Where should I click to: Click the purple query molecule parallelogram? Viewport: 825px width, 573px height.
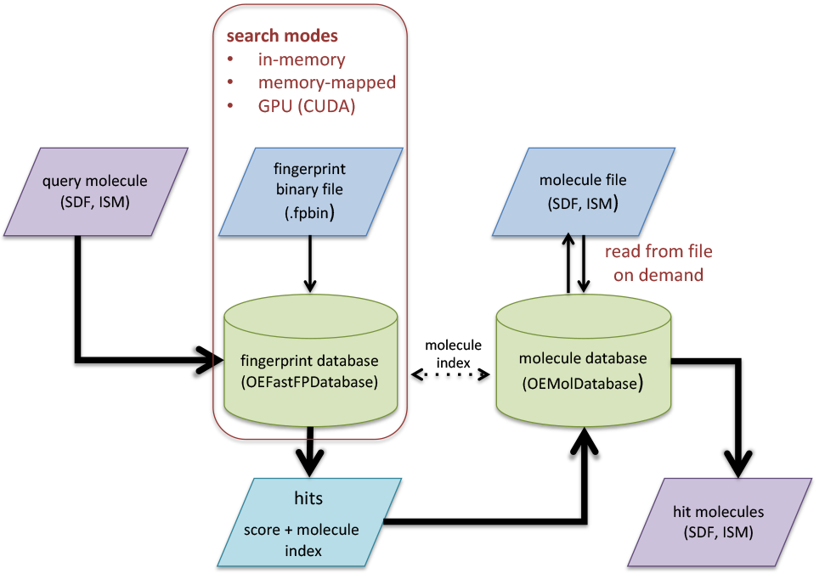[95, 192]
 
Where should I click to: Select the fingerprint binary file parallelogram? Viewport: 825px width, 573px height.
[310, 192]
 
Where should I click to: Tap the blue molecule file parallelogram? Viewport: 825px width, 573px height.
[584, 192]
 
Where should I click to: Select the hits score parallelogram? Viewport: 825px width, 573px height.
[308, 521]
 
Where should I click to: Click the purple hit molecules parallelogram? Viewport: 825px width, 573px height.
[719, 521]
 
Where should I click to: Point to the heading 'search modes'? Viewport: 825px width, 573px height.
[281, 37]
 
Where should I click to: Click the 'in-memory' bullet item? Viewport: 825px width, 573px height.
[302, 60]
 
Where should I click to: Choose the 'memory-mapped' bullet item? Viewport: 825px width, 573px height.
[327, 83]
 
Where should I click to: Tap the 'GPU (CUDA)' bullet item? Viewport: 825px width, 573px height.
[307, 107]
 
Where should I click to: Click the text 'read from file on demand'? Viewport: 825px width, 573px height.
[658, 263]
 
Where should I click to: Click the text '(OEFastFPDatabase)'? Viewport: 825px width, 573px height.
[309, 382]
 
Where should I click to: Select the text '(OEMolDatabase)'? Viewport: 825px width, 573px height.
[583, 384]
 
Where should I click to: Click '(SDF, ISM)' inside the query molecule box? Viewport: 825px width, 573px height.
[95, 202]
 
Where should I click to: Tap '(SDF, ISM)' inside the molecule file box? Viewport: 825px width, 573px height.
[584, 204]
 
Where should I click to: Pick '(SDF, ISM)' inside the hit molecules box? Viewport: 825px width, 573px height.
[719, 532]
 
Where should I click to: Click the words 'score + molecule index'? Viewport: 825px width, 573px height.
[302, 540]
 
